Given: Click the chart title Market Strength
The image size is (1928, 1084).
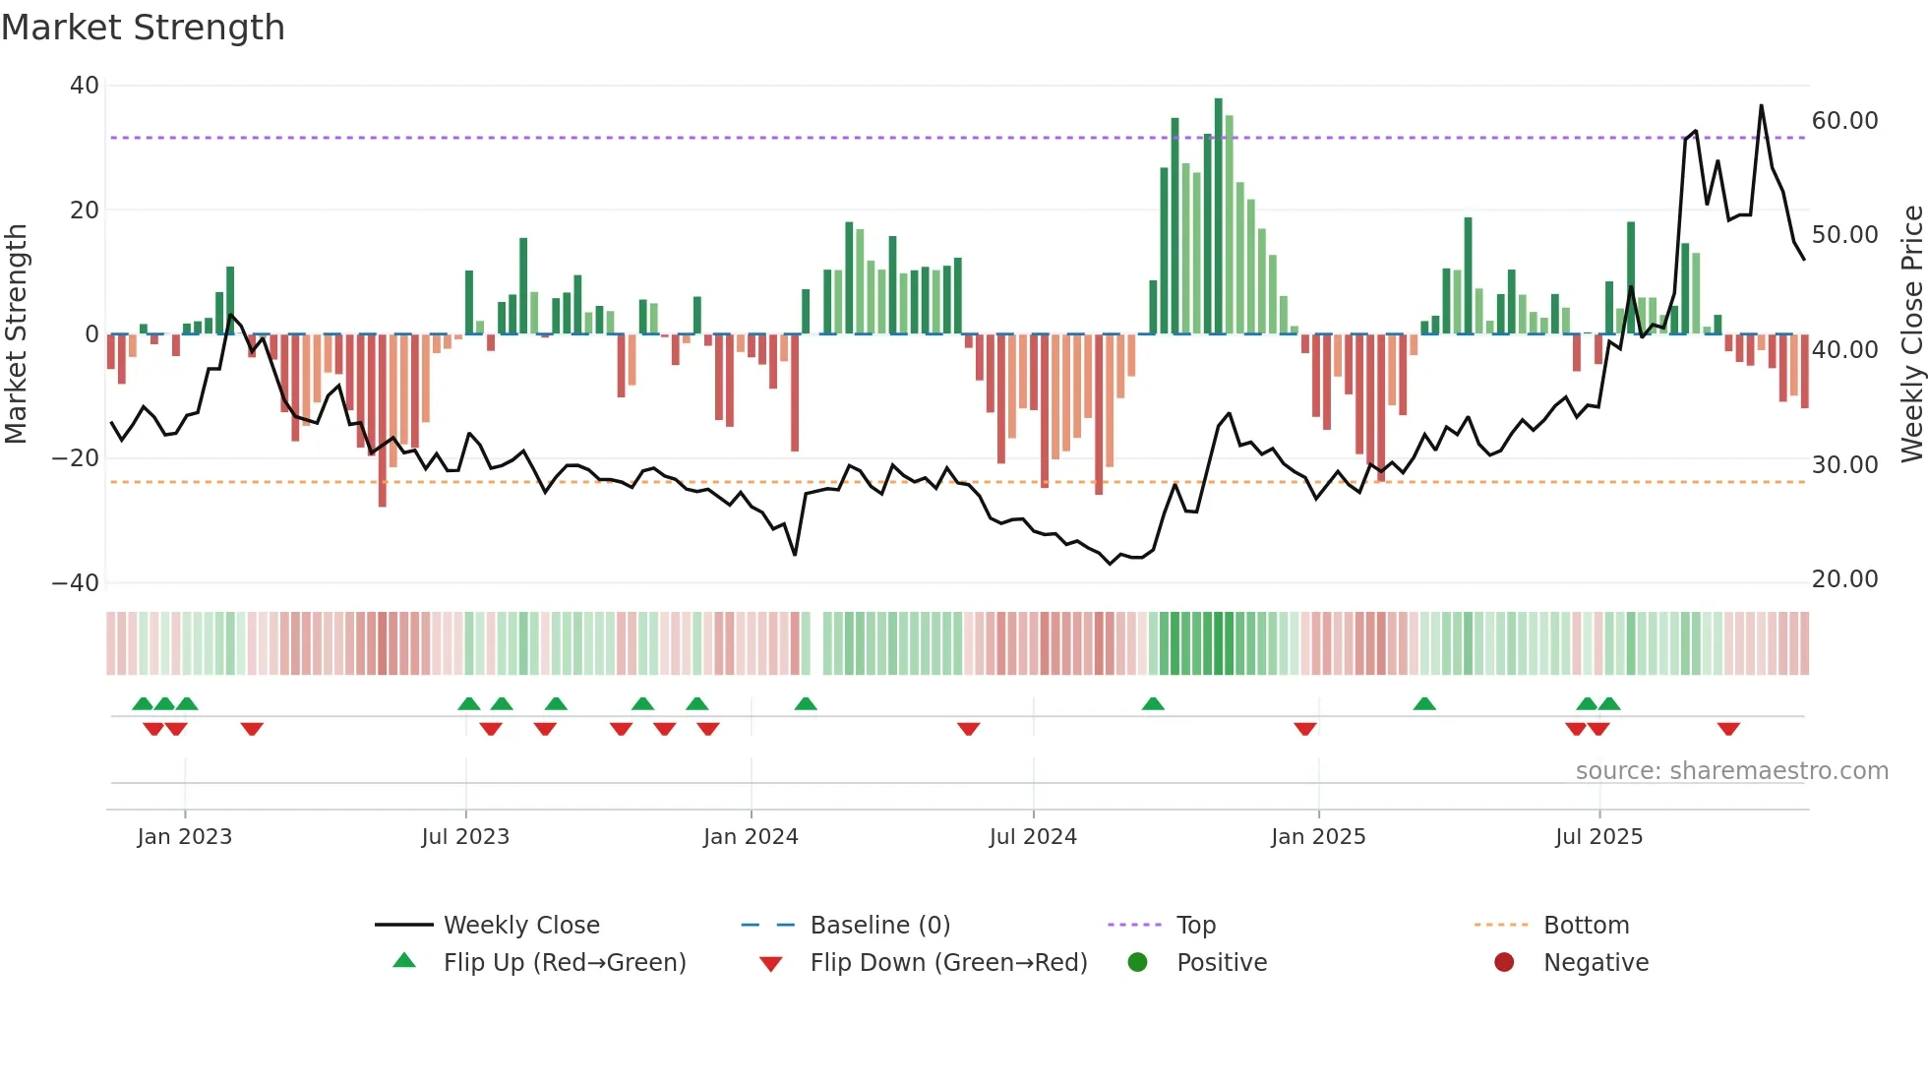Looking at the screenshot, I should (143, 28).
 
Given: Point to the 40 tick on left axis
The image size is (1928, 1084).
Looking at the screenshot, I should (85, 86).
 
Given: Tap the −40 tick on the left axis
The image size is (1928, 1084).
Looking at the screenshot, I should (76, 583).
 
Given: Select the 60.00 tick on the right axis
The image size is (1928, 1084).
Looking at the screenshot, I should (1844, 121).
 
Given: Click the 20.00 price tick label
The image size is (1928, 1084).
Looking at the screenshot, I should (1844, 579).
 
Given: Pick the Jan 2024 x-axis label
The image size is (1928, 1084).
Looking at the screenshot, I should (751, 837).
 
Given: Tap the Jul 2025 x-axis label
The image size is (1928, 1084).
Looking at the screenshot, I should (1598, 837).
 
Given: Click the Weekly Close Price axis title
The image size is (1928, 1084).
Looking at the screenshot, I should (1911, 333).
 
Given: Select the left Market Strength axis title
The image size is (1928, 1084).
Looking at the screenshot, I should (16, 333).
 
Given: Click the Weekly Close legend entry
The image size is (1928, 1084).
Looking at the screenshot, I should (520, 926).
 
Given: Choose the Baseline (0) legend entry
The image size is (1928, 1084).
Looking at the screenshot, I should (879, 926).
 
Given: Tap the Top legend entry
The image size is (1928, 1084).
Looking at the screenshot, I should (1195, 926).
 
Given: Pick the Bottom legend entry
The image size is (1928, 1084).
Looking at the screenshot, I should (1586, 926).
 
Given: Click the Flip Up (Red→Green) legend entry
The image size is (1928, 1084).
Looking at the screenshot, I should (564, 963).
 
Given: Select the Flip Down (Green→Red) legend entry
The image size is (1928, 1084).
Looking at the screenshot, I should (948, 963).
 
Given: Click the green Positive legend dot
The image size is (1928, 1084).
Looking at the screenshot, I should (1138, 963).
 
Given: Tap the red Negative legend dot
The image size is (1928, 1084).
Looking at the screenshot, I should (1504, 963).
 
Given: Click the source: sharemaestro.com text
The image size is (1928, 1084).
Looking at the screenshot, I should (1731, 771).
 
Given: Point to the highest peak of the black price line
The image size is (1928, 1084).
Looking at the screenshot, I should (1761, 106).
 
